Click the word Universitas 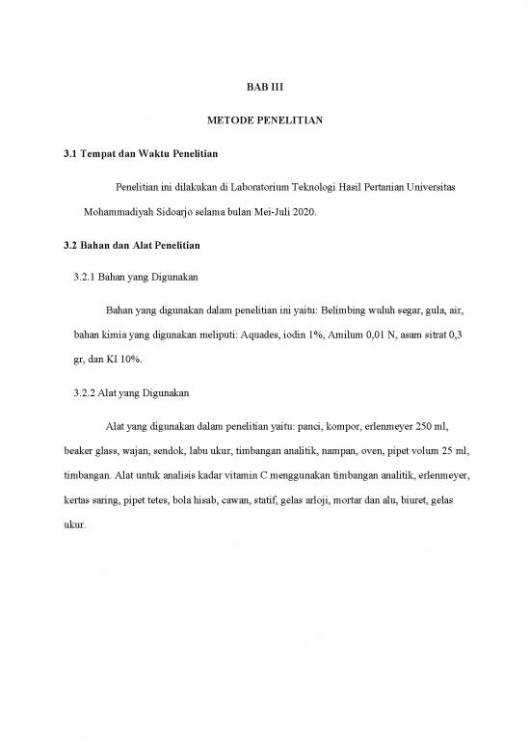pyautogui.click(x=431, y=183)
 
